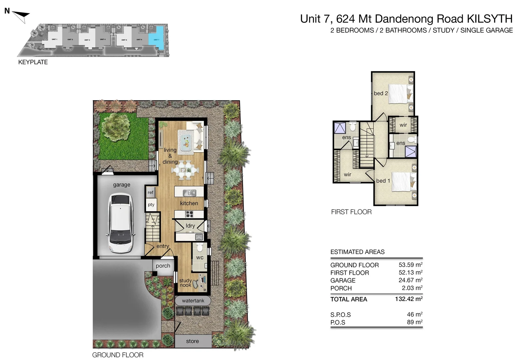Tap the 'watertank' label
click(x=193, y=301)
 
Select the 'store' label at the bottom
click(x=192, y=341)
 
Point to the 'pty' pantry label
click(x=151, y=205)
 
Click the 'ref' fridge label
click(x=151, y=192)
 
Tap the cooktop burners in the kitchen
click(x=189, y=214)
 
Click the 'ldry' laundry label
click(x=190, y=226)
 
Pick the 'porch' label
click(x=163, y=266)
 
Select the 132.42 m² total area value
click(x=409, y=299)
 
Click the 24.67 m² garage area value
click(x=410, y=280)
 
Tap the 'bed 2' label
click(x=381, y=93)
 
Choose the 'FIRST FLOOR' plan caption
click(x=351, y=212)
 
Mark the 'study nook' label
click(x=185, y=283)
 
